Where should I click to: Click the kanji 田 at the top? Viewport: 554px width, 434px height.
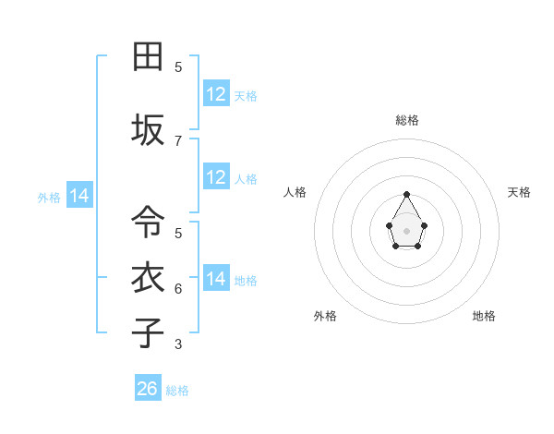148,56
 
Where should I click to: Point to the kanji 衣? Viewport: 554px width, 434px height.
148,277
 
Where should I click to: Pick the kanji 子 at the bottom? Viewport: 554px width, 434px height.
148,332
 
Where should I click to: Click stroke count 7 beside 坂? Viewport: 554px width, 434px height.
178,140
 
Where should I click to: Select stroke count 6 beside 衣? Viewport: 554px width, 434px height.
178,289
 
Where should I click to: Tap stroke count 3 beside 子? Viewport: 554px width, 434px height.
178,344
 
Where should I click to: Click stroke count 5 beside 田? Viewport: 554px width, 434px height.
178,67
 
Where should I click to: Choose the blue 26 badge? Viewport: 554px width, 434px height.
148,389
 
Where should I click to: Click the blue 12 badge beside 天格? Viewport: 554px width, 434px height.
216,94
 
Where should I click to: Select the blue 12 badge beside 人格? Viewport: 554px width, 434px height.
216,177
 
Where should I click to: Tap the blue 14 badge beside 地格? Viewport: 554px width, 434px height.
216,279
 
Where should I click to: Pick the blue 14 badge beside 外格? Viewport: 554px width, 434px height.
79,196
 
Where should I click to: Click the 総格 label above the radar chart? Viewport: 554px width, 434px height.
407,120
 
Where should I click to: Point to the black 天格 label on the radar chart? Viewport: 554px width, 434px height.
519,192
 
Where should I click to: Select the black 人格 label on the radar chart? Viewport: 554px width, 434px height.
295,192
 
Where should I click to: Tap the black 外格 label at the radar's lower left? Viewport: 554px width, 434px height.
325,316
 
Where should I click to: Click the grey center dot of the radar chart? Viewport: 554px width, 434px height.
406,229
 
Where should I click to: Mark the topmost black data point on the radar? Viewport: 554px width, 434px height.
406,194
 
